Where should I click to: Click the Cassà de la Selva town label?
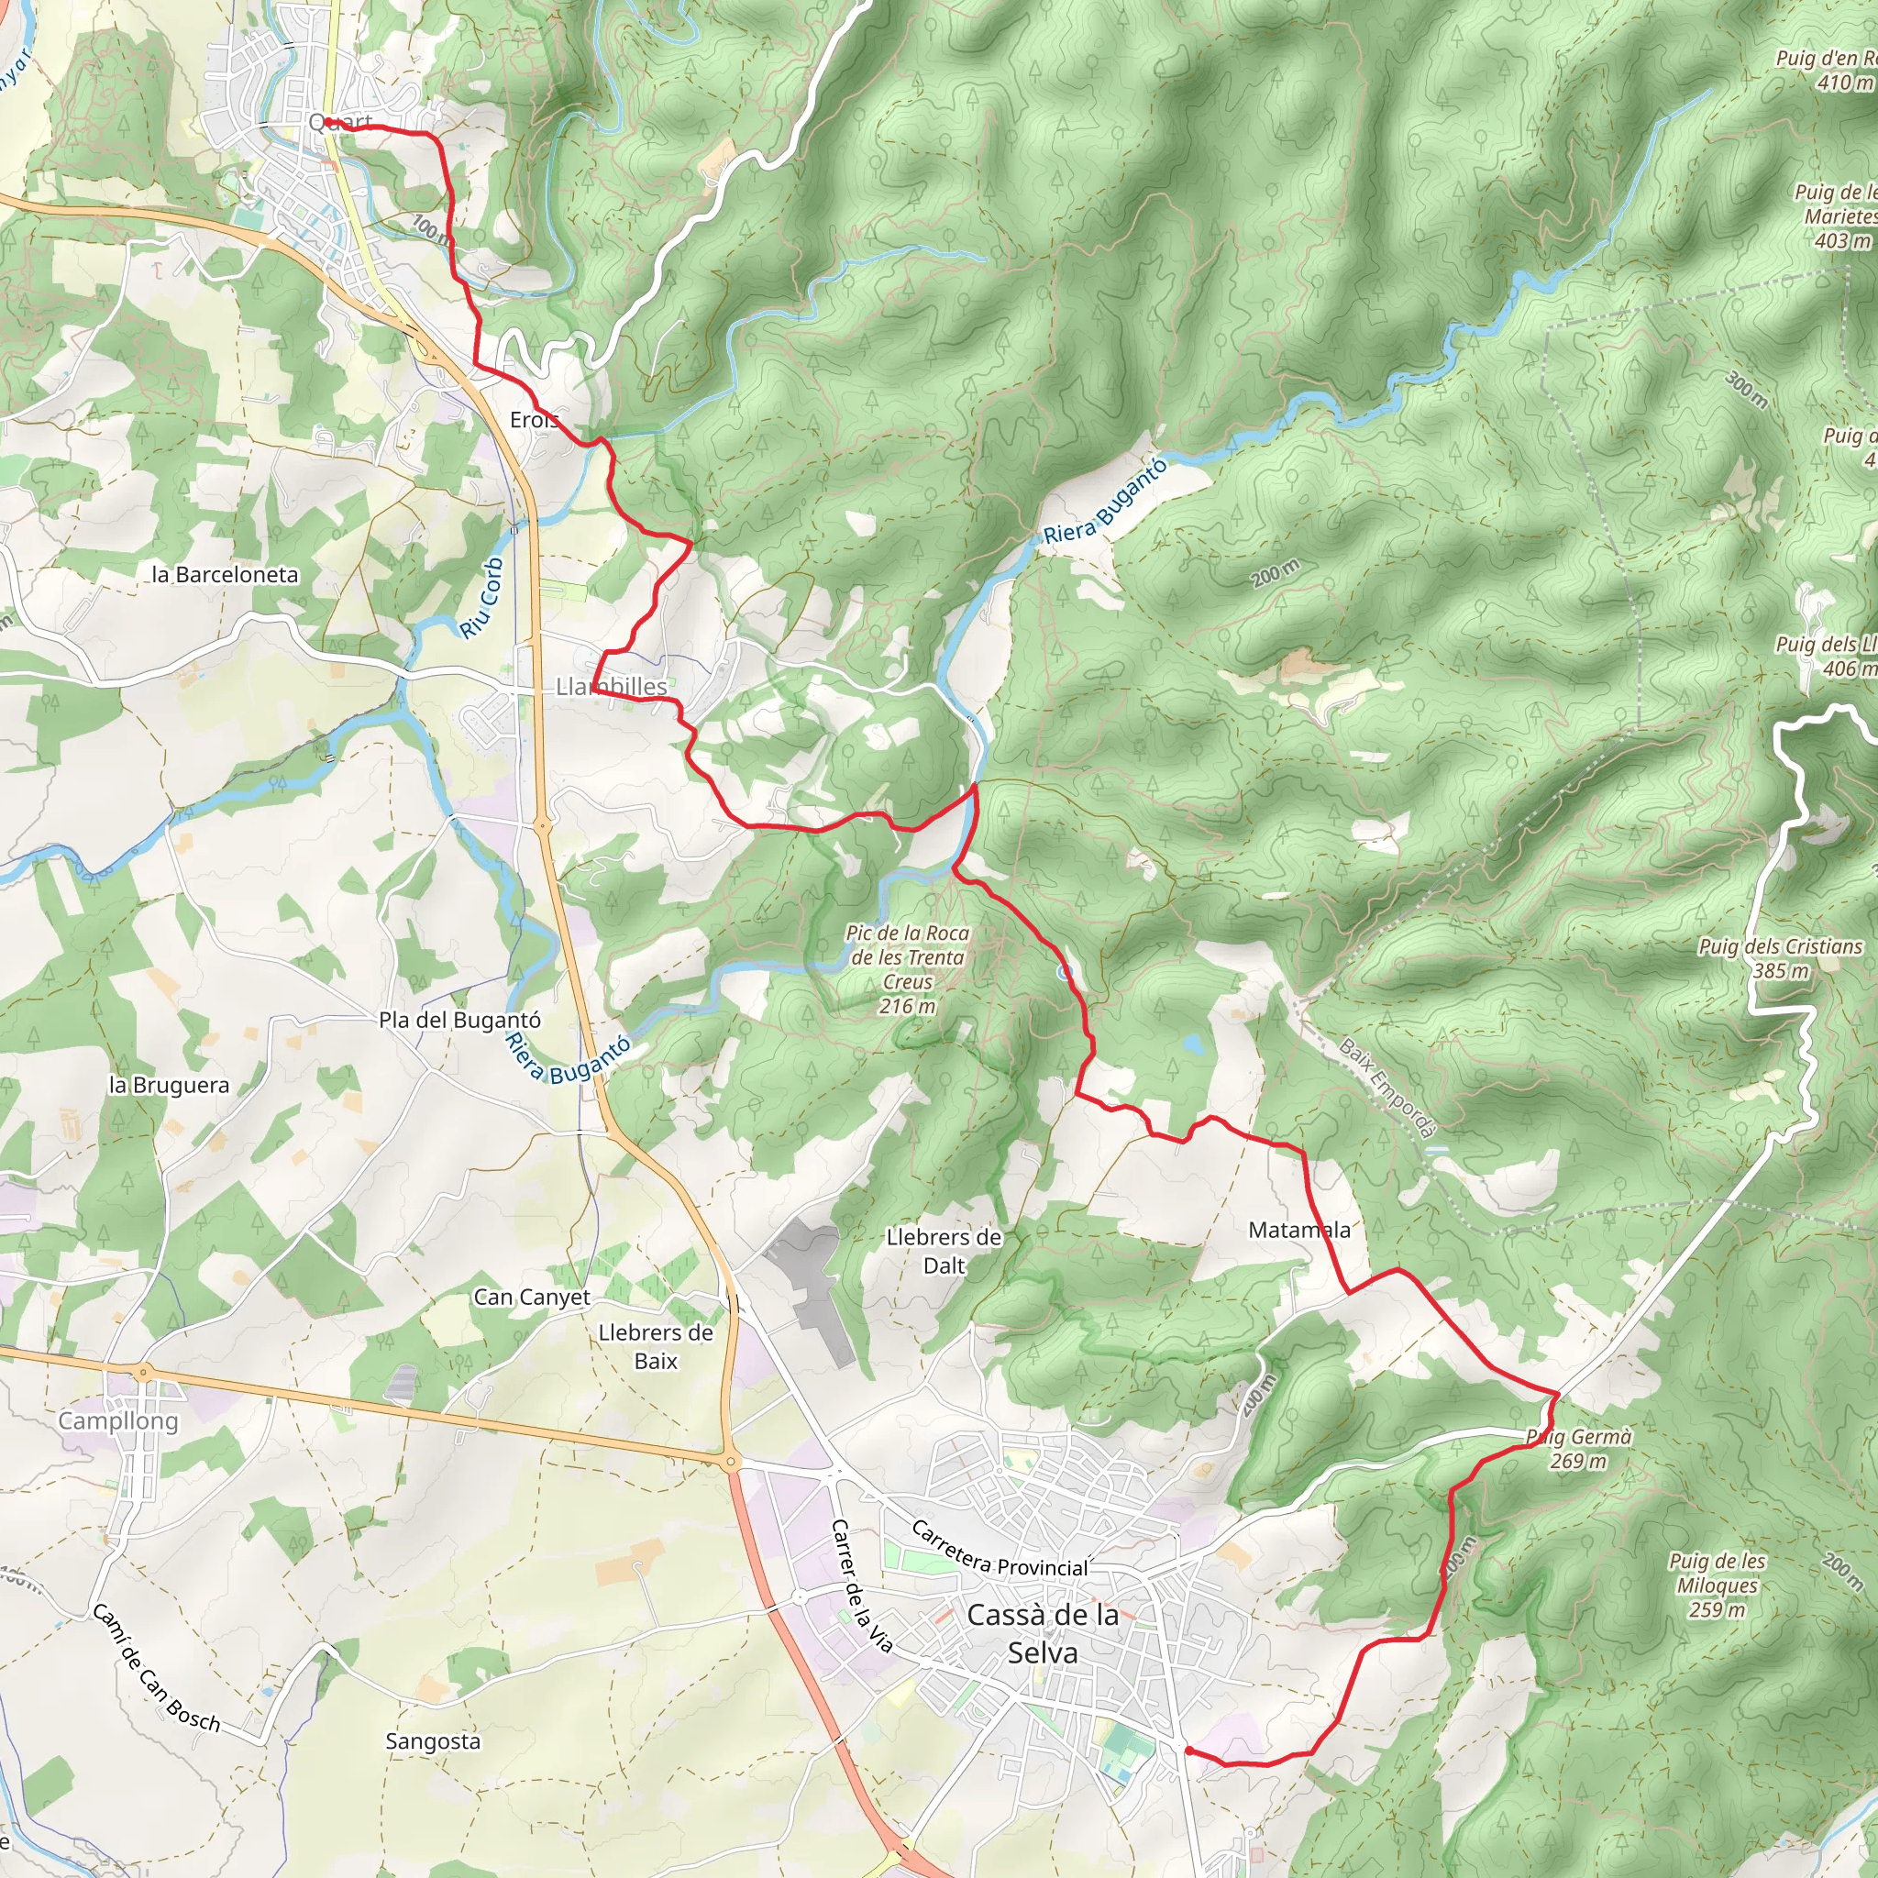[1042, 1633]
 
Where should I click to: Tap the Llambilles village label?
[612, 687]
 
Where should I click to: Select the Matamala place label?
[1298, 1231]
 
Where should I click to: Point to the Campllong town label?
[118, 1421]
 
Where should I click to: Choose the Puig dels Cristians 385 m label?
[1780, 957]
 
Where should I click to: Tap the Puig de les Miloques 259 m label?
[1717, 1585]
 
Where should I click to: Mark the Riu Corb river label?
[482, 598]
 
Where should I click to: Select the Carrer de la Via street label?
[861, 1585]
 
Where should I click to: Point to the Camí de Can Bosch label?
[156, 1668]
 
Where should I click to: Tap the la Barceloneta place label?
[225, 574]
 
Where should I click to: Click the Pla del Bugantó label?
[459, 1021]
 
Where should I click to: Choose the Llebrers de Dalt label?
[943, 1251]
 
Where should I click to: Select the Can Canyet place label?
[532, 1297]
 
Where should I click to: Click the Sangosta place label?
[433, 1741]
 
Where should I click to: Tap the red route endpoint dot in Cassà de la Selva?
[1188, 1751]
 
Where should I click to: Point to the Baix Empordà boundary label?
[1387, 1087]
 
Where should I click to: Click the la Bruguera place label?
[169, 1086]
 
